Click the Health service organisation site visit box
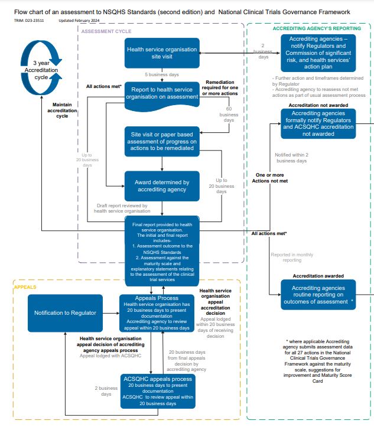[x=162, y=53]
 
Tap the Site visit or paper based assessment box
[x=162, y=142]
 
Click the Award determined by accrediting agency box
[x=162, y=186]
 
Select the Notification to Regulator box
[x=65, y=312]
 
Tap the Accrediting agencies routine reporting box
[x=318, y=295]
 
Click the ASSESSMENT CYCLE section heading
[x=106, y=31]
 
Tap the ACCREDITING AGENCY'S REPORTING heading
[x=309, y=28]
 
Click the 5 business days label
[x=162, y=74]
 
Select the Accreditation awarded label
[x=318, y=276]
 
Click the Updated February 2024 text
[x=78, y=21]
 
